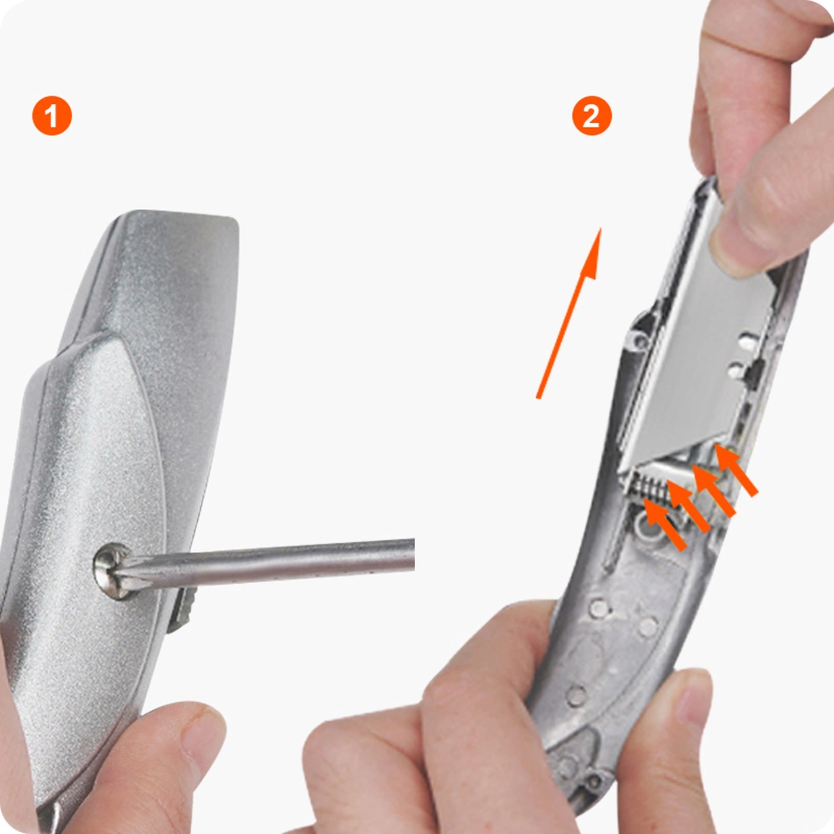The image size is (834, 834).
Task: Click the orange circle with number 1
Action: [52, 116]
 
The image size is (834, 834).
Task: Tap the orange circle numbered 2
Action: [592, 116]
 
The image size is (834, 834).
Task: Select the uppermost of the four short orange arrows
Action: [736, 469]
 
